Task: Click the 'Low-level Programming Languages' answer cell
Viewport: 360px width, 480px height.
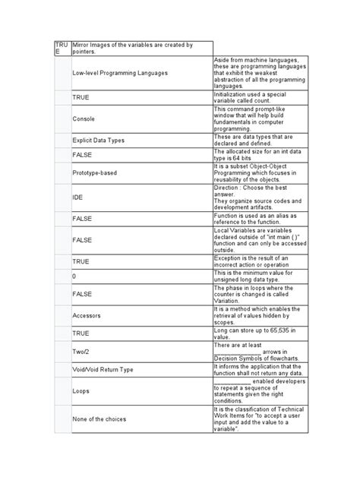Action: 120,73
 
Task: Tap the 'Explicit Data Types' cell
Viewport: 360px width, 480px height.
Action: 99,141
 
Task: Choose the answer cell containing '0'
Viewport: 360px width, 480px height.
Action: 74,276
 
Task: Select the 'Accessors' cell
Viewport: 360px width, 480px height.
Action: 87,313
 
